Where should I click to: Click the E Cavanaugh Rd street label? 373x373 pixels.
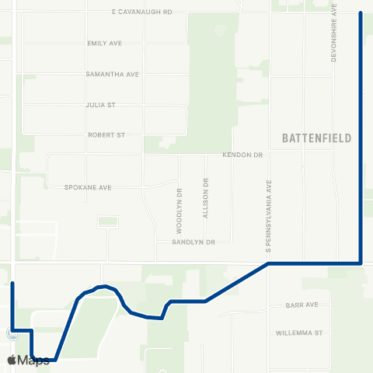[141, 12]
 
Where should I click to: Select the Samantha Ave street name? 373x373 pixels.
[112, 74]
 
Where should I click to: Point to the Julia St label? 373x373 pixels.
[100, 104]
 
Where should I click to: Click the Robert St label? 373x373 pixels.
[106, 134]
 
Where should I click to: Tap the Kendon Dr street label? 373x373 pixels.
[243, 155]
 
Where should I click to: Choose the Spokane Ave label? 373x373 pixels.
[89, 187]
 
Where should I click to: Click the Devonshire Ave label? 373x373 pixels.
[334, 33]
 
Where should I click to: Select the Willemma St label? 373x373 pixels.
[298, 333]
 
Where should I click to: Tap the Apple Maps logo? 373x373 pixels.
[28, 360]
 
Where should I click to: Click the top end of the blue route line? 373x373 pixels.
[361, 13]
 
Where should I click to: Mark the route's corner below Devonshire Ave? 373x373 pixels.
[361, 263]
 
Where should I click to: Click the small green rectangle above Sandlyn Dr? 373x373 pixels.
[107, 222]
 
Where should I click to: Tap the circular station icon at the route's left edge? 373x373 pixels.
[10, 333]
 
